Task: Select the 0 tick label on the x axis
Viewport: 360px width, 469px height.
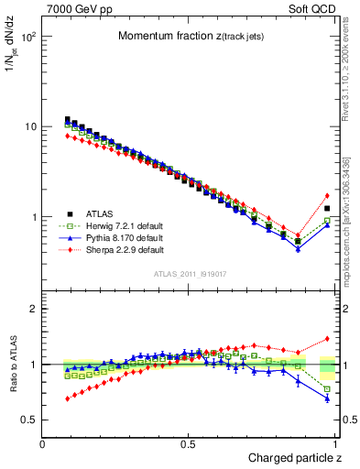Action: pyautogui.click(x=44, y=443)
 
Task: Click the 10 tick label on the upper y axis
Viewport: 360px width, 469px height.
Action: pyautogui.click(x=30, y=126)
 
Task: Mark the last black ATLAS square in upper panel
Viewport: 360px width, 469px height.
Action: pyautogui.click(x=327, y=209)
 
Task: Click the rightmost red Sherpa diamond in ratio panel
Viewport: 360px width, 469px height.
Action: pyautogui.click(x=327, y=339)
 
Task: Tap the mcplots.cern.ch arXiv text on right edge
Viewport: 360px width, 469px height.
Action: pyautogui.click(x=349, y=229)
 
